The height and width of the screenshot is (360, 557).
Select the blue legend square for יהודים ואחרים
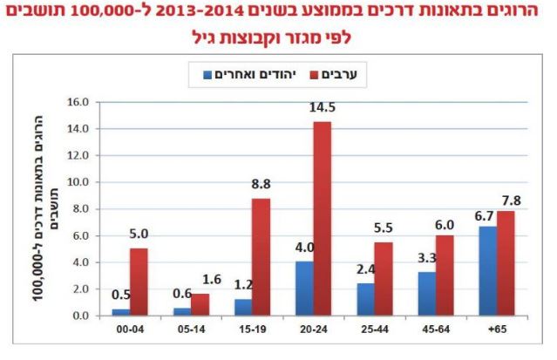coord(208,76)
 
